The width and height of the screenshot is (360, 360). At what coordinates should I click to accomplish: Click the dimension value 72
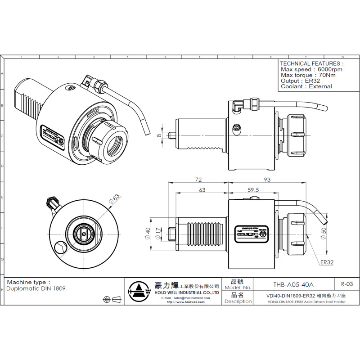[198, 180]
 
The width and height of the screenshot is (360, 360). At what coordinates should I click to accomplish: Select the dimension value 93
[267, 180]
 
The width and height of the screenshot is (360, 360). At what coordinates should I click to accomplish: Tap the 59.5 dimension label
[253, 190]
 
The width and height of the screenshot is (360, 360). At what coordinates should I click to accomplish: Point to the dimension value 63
[202, 190]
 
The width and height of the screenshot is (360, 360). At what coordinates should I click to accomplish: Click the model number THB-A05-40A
[293, 284]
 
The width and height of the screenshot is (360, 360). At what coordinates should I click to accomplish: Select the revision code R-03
[347, 284]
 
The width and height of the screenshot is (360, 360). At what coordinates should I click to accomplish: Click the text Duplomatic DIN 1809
[36, 288]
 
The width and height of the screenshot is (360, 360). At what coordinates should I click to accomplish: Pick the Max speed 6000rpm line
[311, 70]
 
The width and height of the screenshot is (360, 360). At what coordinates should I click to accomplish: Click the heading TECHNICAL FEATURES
[311, 63]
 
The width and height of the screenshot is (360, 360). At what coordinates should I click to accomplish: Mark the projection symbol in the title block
[113, 299]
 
